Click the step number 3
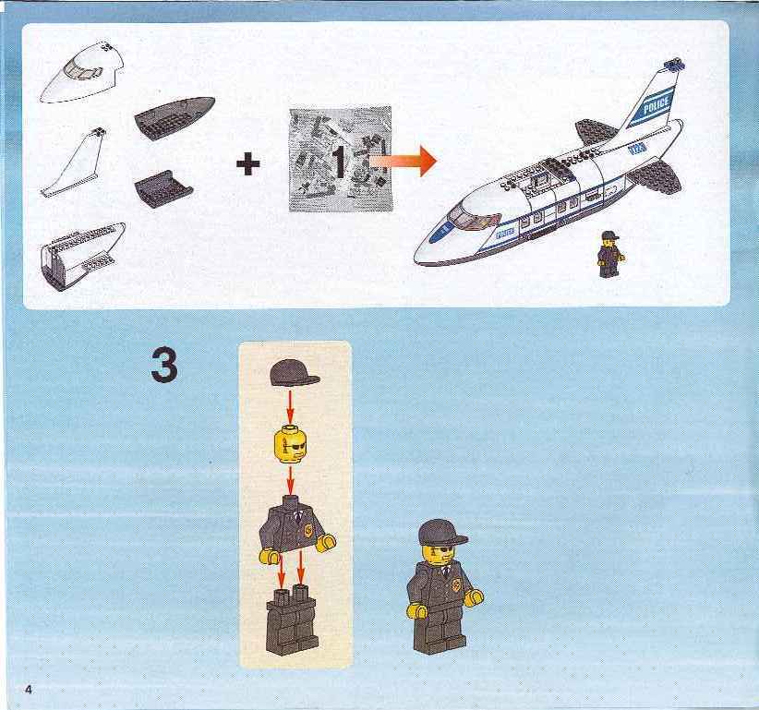coord(164,365)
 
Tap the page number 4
coord(29,689)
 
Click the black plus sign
coord(247,165)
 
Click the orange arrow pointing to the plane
coord(404,161)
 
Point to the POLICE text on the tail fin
coord(657,104)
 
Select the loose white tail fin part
coord(75,163)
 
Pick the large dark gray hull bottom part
coord(175,117)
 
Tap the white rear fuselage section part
coord(81,257)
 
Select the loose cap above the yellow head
coord(295,372)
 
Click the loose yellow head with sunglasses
coord(289,443)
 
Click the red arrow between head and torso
coord(290,478)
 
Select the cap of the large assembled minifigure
coord(442,532)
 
